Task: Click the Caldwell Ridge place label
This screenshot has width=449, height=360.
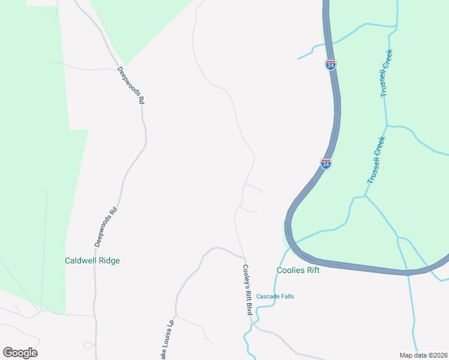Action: pos(92,261)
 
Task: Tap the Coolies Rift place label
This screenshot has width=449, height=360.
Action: pos(298,271)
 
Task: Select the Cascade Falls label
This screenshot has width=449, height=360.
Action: pos(275,296)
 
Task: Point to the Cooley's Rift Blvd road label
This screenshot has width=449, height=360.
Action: pos(247,290)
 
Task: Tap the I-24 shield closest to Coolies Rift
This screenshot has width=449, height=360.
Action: pos(325,163)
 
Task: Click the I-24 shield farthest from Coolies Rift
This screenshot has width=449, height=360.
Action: pos(331,64)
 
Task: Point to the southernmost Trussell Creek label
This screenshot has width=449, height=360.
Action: pos(376,160)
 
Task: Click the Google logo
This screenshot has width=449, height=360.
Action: pos(20,353)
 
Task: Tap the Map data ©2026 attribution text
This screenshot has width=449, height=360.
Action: pos(423,355)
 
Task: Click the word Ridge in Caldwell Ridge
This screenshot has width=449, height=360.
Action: pos(109,261)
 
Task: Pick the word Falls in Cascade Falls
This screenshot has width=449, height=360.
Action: pos(286,296)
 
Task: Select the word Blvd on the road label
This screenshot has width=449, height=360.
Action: pos(247,308)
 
